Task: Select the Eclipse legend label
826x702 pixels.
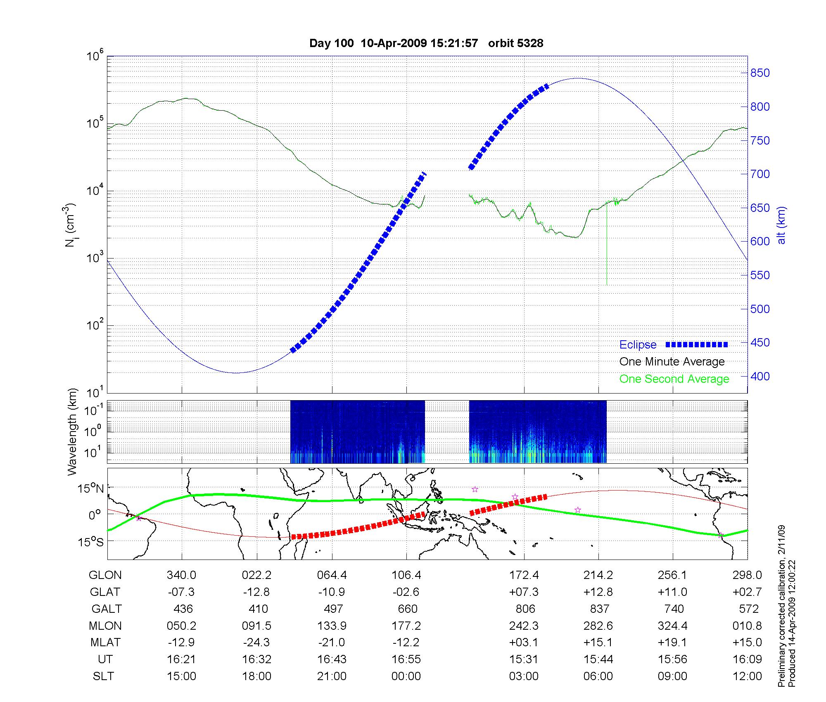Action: (638, 345)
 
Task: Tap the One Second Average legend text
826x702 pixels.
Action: (674, 379)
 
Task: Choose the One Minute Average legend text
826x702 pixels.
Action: (672, 362)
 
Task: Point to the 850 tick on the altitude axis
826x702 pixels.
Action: (760, 73)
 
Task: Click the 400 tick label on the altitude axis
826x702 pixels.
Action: (760, 376)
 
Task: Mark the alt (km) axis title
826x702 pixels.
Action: (781, 225)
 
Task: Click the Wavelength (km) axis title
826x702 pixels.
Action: (72, 432)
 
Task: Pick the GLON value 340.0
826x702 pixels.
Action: (181, 575)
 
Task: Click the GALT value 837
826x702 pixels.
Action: (599, 609)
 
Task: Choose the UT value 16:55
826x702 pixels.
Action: (406, 659)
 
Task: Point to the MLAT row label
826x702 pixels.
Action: (105, 643)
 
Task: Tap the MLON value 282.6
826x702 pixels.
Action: (598, 626)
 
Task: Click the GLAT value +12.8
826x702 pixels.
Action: (598, 592)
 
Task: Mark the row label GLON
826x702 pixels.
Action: (105, 575)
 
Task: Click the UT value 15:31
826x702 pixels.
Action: (524, 659)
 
